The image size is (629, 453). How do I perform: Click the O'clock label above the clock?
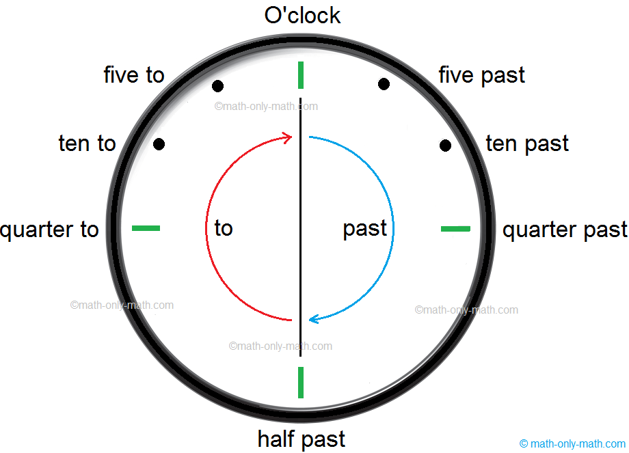tap(302, 15)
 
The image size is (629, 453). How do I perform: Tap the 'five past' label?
tap(481, 74)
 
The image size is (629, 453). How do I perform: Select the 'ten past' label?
tap(526, 143)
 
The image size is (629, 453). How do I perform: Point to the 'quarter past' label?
tap(565, 230)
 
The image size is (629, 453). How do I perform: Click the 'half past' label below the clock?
tap(302, 438)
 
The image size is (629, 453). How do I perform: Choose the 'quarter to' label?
tap(50, 230)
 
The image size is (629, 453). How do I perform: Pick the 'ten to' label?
tap(88, 143)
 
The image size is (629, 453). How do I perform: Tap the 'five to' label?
tap(134, 74)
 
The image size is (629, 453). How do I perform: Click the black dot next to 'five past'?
tap(384, 84)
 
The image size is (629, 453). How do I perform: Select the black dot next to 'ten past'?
tap(445, 145)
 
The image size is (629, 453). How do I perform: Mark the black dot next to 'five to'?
tap(217, 86)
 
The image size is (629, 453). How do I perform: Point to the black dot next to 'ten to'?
tap(159, 144)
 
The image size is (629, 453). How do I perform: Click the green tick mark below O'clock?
tap(301, 75)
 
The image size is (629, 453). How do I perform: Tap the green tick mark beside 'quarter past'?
tap(455, 228)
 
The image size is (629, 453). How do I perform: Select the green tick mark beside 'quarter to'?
tap(146, 228)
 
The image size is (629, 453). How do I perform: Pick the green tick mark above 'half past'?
tap(301, 382)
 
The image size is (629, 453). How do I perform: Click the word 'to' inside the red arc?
tap(224, 228)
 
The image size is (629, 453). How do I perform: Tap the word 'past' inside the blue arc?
tap(365, 228)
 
